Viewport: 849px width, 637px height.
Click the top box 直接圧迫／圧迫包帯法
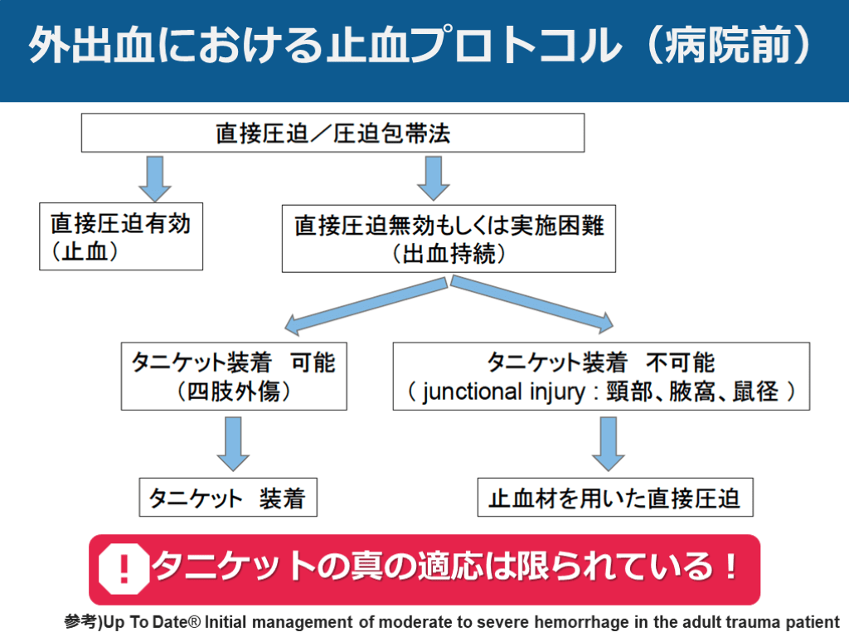(x=332, y=133)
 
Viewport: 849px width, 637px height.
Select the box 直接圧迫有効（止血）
(x=121, y=237)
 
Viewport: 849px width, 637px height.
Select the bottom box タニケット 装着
(x=227, y=498)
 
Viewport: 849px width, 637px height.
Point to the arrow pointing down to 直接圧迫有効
(x=155, y=177)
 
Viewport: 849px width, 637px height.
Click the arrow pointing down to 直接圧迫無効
(x=432, y=177)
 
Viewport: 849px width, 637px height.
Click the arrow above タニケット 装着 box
(x=233, y=443)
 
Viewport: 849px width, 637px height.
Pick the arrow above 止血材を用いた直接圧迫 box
(x=609, y=443)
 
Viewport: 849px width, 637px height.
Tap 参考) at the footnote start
(x=83, y=621)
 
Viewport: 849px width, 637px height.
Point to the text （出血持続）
(x=449, y=254)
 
